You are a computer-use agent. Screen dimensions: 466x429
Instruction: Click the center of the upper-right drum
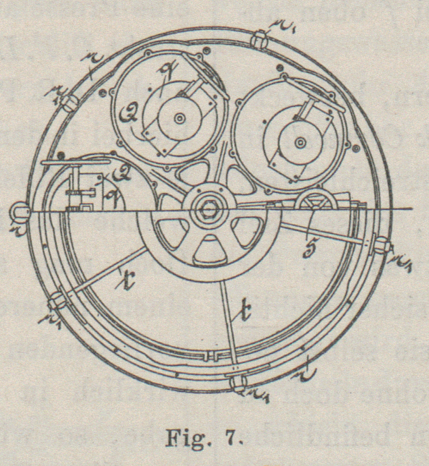(299, 143)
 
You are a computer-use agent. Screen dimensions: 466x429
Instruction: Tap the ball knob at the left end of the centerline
(20, 211)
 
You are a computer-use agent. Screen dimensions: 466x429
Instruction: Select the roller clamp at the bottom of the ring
(237, 382)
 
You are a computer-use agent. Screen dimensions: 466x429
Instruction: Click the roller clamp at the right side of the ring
(381, 246)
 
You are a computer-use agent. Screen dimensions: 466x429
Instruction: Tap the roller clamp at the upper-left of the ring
(69, 102)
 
